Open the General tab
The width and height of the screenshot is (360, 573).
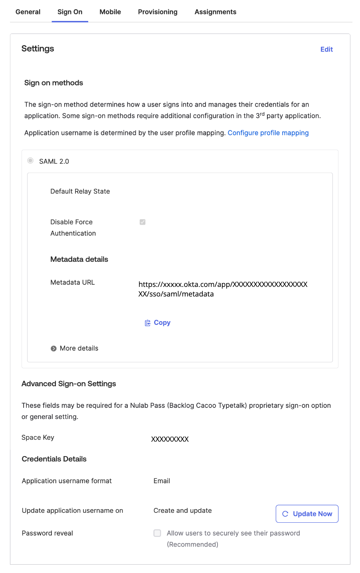coord(28,12)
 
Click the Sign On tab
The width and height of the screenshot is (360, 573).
coord(70,12)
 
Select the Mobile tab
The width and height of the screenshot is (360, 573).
coord(110,12)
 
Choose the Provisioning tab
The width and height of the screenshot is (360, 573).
coord(158,12)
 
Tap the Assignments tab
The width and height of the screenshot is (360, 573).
coord(216,12)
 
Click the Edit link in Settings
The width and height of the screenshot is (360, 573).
coord(326,49)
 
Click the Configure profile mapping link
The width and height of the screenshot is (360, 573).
coord(268,133)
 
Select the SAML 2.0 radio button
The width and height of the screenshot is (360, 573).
coord(30,161)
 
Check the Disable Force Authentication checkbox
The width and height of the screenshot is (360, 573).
coord(142,222)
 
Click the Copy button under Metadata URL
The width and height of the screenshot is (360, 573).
coord(158,323)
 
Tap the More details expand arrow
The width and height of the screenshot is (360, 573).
coord(54,348)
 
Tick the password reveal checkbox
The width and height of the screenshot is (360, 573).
coord(157,533)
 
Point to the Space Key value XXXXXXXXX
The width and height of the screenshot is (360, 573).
coord(170,439)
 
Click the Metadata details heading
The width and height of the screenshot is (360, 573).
coord(79,259)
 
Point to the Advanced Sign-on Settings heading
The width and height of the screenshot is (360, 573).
coord(69,384)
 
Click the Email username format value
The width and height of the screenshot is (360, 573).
coord(162,481)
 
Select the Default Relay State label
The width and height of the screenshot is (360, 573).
coord(80,192)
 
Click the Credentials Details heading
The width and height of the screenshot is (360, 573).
coord(54,459)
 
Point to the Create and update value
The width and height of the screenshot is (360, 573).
coord(182,511)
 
